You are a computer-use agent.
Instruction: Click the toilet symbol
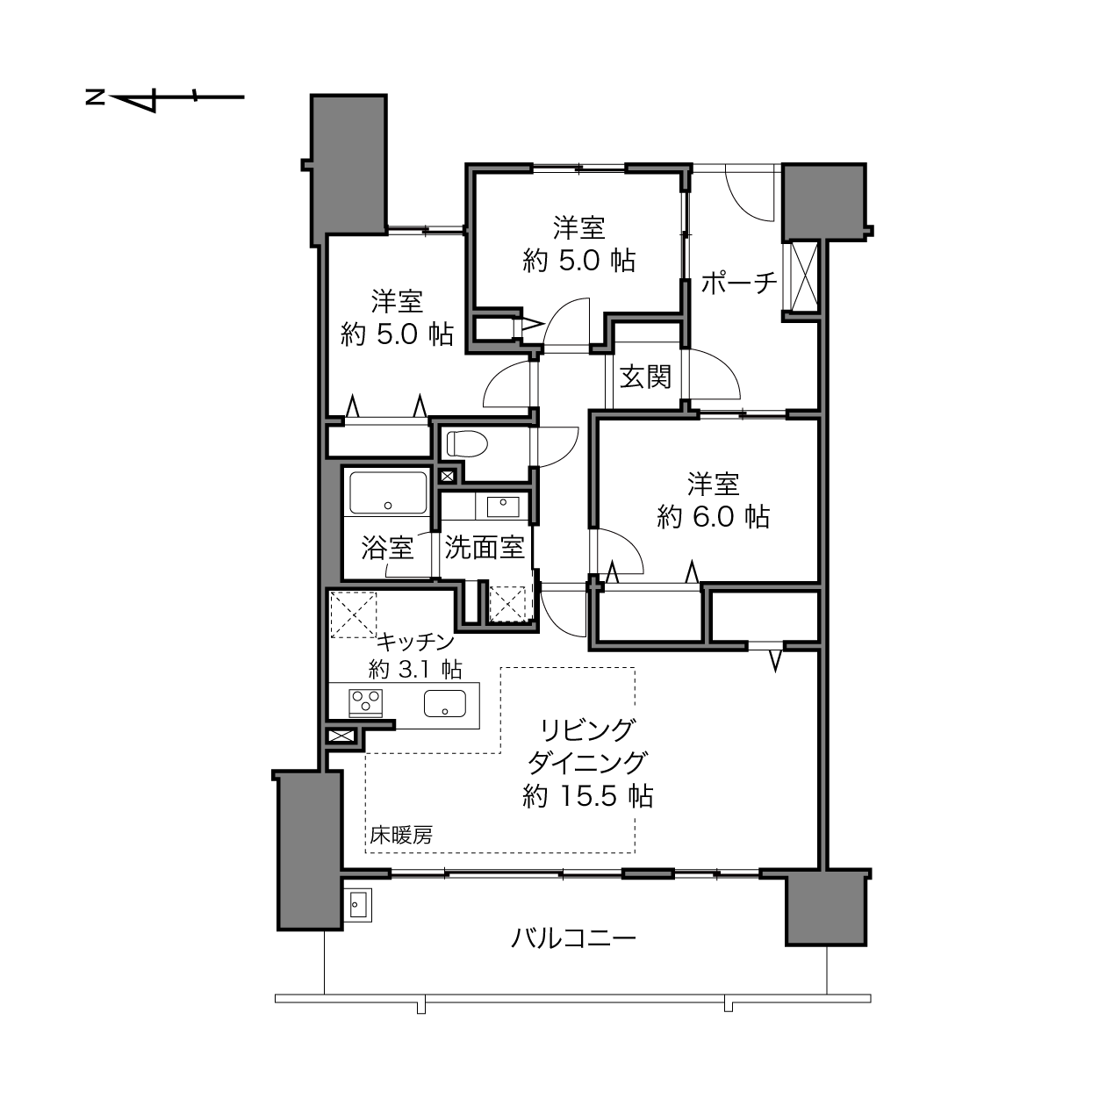467,443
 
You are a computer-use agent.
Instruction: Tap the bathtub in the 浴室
388,492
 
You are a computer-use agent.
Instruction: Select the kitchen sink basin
445,703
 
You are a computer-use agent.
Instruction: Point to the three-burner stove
365,703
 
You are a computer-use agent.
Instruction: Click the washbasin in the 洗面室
502,506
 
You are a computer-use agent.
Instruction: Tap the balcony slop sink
358,905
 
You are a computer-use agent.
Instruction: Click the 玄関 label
645,377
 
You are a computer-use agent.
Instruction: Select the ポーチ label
739,283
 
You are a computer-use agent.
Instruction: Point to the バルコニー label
572,937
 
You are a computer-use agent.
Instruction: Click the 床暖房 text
401,836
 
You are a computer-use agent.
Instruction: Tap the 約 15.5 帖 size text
587,796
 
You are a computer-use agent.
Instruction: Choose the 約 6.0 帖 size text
713,517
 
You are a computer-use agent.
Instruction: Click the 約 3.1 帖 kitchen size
415,668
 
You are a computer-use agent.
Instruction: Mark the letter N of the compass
96,97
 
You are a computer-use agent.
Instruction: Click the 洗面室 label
485,548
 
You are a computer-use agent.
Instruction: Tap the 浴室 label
387,548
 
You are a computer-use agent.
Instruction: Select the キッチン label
415,643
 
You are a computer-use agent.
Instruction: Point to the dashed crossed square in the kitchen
354,614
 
